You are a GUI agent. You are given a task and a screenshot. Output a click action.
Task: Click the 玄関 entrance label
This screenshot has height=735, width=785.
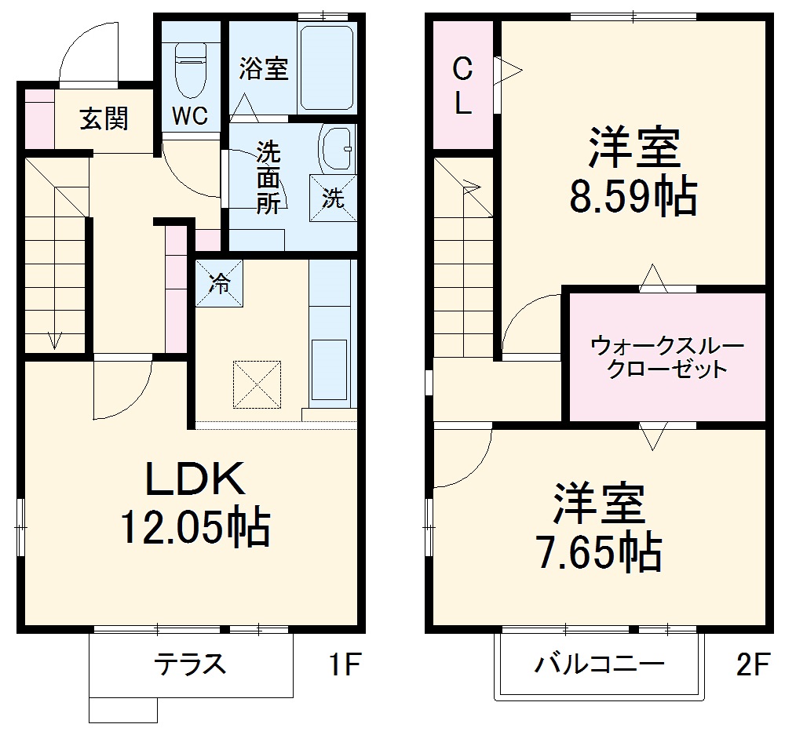(104, 119)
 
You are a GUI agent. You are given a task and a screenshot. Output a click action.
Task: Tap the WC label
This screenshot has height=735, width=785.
(190, 117)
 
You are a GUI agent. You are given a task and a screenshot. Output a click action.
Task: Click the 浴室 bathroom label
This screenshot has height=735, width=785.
(264, 69)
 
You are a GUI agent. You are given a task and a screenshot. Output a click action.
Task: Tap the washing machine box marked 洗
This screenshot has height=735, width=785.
(334, 198)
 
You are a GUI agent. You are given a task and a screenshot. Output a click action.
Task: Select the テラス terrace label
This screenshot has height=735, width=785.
(191, 664)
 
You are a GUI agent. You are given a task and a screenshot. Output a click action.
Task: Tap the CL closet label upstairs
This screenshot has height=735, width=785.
(462, 85)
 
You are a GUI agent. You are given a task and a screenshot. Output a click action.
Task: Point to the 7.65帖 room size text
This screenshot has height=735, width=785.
(598, 554)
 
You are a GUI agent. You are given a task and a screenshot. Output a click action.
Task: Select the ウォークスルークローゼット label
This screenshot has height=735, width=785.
(666, 357)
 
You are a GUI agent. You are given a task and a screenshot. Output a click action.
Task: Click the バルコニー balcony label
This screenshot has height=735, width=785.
(600, 665)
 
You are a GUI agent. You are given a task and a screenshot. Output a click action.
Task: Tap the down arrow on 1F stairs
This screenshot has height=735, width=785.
(55, 339)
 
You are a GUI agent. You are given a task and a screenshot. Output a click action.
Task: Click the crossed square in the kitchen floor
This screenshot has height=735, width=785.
(256, 384)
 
